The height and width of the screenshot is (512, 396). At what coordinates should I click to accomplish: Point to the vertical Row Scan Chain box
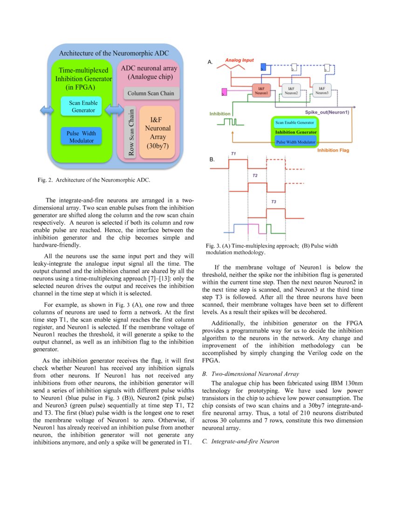click(131, 133)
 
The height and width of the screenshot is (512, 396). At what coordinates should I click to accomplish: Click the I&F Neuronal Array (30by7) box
click(157, 132)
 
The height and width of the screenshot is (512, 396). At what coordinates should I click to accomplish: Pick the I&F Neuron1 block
click(260, 90)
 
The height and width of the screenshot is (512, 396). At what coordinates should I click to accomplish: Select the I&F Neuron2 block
click(291, 90)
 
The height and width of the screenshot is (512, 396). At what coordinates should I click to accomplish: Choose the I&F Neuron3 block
click(321, 90)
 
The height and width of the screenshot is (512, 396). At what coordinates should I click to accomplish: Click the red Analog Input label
click(239, 61)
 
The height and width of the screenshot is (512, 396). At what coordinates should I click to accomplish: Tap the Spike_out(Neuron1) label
click(327, 112)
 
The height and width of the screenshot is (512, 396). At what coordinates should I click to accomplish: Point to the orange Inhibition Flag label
click(333, 150)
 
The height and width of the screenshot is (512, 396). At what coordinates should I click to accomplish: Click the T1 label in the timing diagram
click(233, 153)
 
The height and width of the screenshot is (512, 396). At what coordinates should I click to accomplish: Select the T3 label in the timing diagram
click(273, 202)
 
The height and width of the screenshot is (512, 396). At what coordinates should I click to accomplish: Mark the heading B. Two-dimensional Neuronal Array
click(250, 374)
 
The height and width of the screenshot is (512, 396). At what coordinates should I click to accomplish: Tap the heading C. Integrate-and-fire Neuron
click(240, 441)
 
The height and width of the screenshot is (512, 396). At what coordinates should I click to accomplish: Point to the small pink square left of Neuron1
click(224, 91)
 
